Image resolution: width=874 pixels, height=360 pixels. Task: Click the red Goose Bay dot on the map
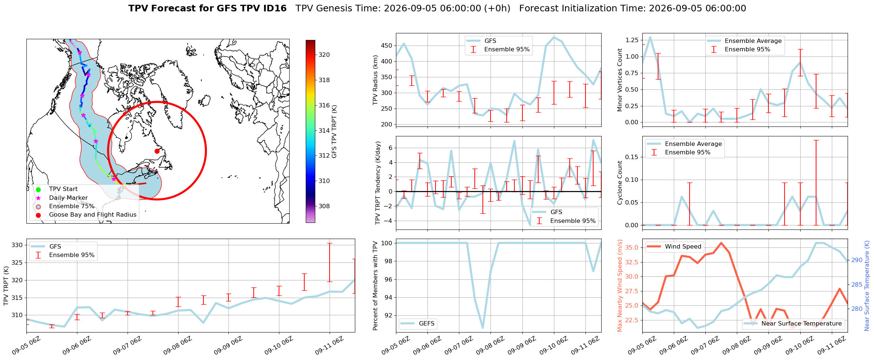click(157, 151)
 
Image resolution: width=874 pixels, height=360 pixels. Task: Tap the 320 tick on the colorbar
click(324, 55)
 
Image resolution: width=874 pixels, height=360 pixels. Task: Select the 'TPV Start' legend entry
click(56, 189)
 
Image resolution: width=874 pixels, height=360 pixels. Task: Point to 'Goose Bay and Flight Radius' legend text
click(93, 215)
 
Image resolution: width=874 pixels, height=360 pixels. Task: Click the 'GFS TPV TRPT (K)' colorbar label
click(334, 132)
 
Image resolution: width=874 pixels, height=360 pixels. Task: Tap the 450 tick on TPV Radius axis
click(387, 46)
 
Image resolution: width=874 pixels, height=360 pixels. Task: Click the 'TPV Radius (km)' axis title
click(375, 80)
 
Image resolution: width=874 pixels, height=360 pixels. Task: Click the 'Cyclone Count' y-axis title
click(620, 183)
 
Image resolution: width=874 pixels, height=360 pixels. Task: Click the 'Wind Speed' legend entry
click(674, 247)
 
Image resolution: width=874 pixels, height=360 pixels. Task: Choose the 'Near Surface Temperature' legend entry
click(793, 323)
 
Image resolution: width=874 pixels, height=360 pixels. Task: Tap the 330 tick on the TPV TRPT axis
click(18, 245)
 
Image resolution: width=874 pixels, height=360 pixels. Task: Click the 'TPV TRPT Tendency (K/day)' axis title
click(378, 183)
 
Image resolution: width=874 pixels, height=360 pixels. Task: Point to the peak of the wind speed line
click(721, 243)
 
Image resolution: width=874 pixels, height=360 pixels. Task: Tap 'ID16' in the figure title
click(275, 8)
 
